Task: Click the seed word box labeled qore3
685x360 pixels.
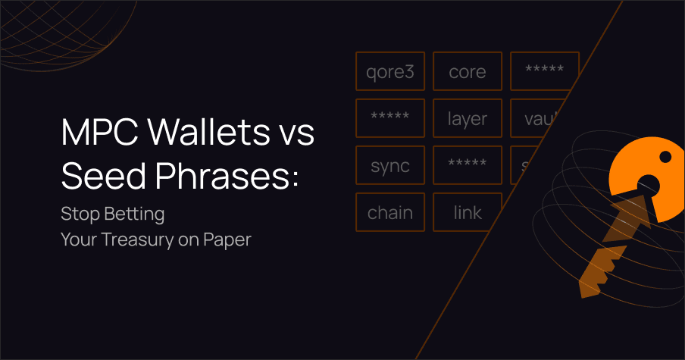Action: coord(389,71)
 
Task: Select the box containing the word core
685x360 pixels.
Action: coord(467,71)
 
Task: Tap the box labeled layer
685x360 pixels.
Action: coord(467,118)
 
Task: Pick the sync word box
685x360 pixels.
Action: coord(389,165)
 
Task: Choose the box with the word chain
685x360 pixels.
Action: coord(389,212)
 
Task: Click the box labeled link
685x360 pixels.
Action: coord(467,212)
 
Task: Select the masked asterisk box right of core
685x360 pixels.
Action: coord(543,71)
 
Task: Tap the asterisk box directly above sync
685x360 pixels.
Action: coord(389,118)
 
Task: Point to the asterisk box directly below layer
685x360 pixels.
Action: coord(467,165)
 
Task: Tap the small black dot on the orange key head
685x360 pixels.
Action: coord(665,157)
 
